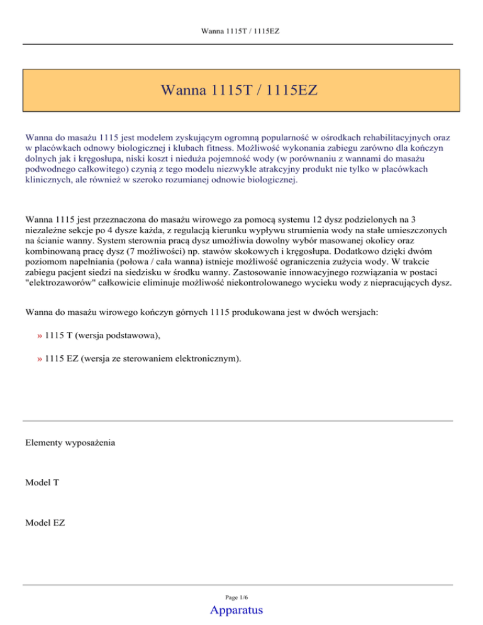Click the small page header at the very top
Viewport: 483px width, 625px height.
pos(241,30)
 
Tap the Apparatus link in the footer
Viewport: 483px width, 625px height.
pos(238,609)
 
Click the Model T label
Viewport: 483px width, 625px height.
pos(42,482)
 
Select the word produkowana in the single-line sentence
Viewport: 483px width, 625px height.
pos(254,311)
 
